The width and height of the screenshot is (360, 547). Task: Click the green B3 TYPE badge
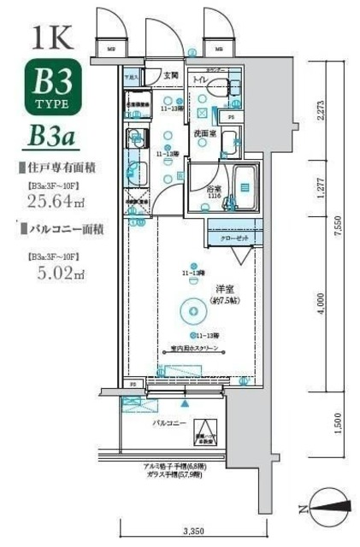(58, 88)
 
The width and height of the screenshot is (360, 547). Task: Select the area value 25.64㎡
(55, 202)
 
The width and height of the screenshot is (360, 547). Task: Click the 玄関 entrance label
(171, 76)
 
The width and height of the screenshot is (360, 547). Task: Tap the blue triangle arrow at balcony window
(186, 400)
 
